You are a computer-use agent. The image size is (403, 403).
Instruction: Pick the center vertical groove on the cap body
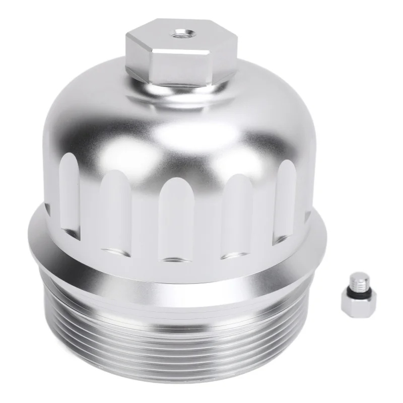(x=177, y=217)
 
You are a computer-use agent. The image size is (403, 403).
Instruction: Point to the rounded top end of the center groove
(x=177, y=184)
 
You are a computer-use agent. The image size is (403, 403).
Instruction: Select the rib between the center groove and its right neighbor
(x=208, y=222)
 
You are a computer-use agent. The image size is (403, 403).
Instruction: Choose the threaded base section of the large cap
(x=176, y=332)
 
